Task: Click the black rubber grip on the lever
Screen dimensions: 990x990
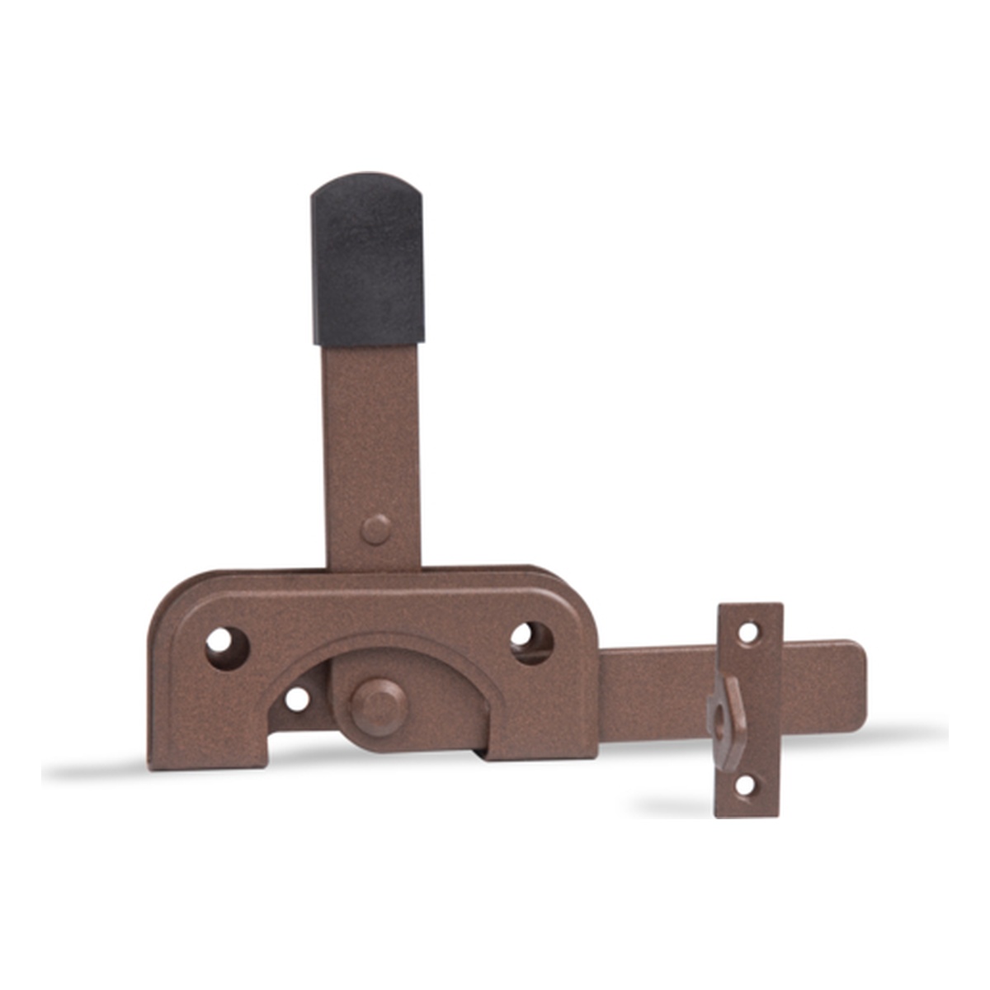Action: coord(368,260)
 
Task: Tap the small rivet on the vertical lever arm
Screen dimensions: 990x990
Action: coord(376,529)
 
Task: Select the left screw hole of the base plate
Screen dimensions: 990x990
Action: coord(226,648)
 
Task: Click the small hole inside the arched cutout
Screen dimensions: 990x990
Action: coord(297,699)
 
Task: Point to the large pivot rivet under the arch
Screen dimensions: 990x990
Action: coord(379,707)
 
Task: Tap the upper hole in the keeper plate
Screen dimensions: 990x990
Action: coord(748,633)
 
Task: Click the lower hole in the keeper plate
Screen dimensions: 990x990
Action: coord(745,785)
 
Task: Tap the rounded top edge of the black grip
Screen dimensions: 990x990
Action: coord(367,180)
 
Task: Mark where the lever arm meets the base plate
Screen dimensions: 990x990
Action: coord(374,568)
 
